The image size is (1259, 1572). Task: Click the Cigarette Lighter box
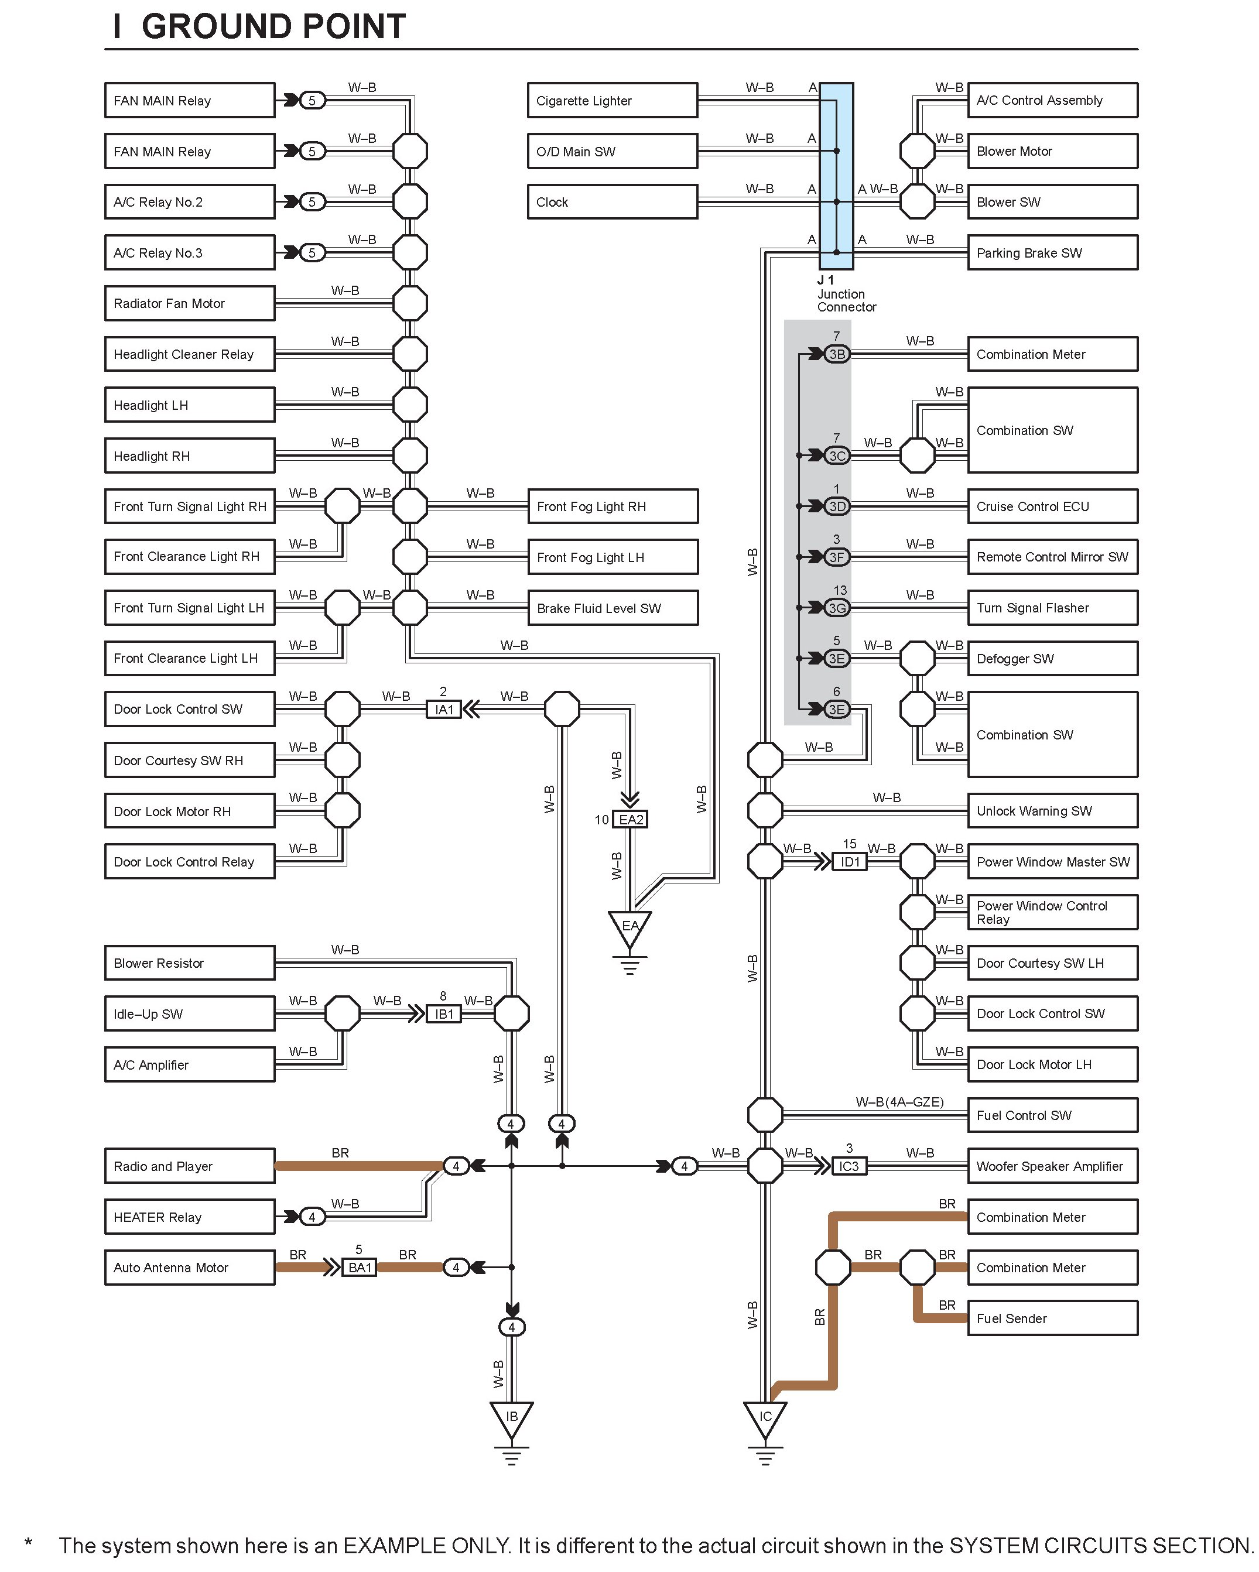pos(611,101)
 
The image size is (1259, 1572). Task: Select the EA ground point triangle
pos(629,927)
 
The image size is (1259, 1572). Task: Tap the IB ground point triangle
pos(511,1417)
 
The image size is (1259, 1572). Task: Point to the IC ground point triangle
pos(764,1417)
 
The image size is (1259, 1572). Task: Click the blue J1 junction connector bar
pos(836,176)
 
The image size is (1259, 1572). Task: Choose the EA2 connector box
pos(630,820)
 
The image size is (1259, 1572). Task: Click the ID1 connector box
pos(850,862)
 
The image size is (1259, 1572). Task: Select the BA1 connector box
pos(360,1267)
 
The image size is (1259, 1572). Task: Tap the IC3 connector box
pos(849,1166)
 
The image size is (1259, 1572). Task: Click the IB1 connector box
pos(443,1014)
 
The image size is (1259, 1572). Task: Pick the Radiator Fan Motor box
pos(190,303)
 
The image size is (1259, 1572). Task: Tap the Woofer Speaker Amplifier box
pos(1052,1166)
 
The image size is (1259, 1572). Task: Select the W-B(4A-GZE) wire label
pos(899,1102)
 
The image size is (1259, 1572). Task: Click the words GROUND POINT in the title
pos(273,27)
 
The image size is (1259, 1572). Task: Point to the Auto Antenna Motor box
pos(190,1267)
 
